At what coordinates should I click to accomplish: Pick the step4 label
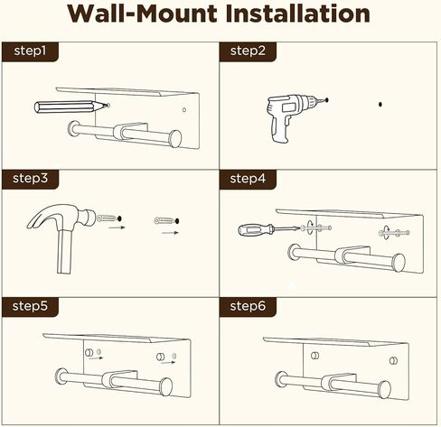249,178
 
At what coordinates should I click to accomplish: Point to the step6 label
249,306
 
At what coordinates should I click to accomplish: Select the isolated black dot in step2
380,105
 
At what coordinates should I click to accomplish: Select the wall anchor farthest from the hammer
168,219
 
